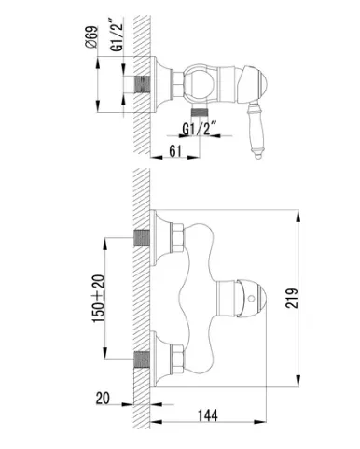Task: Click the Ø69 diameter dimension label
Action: [91, 37]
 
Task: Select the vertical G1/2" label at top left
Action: [117, 34]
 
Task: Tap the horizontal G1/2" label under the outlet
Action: [200, 129]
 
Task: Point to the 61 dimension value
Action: [175, 151]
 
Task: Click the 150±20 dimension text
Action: [99, 299]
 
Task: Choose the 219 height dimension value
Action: [292, 299]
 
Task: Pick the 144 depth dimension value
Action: [208, 415]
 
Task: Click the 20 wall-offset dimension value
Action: [103, 399]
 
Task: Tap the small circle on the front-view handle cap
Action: [251, 299]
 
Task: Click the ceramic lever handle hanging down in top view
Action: [255, 131]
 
